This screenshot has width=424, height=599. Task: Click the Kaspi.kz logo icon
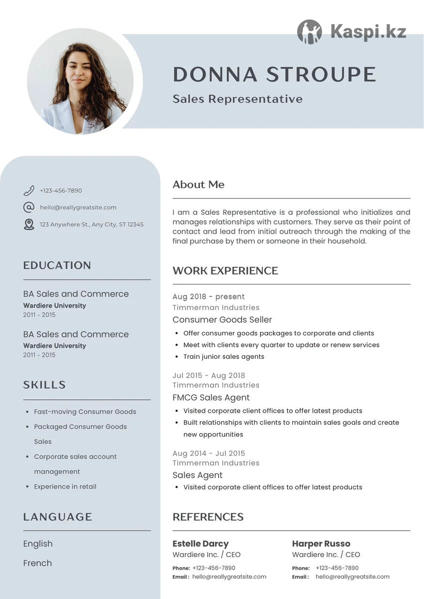coord(310,32)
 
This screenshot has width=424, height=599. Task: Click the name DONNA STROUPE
coord(274,74)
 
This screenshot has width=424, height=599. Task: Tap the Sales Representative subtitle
coord(237,99)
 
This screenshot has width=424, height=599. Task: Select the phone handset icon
coord(29,191)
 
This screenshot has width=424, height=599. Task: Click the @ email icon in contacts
coord(29,207)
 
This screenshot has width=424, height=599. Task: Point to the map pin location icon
coord(29,224)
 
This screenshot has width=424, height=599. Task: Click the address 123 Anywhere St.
coord(91,225)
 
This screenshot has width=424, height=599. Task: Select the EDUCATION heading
coord(57,266)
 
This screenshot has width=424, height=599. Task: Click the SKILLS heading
coord(44,385)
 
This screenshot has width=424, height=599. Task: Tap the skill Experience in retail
coord(65,487)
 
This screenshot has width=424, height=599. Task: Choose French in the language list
coord(37,563)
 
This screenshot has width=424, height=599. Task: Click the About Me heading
coord(198,185)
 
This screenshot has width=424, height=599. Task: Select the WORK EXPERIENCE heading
coord(225,271)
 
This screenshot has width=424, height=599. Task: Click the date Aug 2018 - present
coord(208,297)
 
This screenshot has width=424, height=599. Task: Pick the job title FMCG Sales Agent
coord(211,398)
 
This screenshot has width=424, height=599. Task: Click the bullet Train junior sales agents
coord(223,356)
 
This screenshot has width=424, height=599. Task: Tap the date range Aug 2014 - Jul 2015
coord(209,453)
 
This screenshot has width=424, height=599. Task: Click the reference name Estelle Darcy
coord(200,544)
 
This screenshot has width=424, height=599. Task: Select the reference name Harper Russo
coord(321,544)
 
